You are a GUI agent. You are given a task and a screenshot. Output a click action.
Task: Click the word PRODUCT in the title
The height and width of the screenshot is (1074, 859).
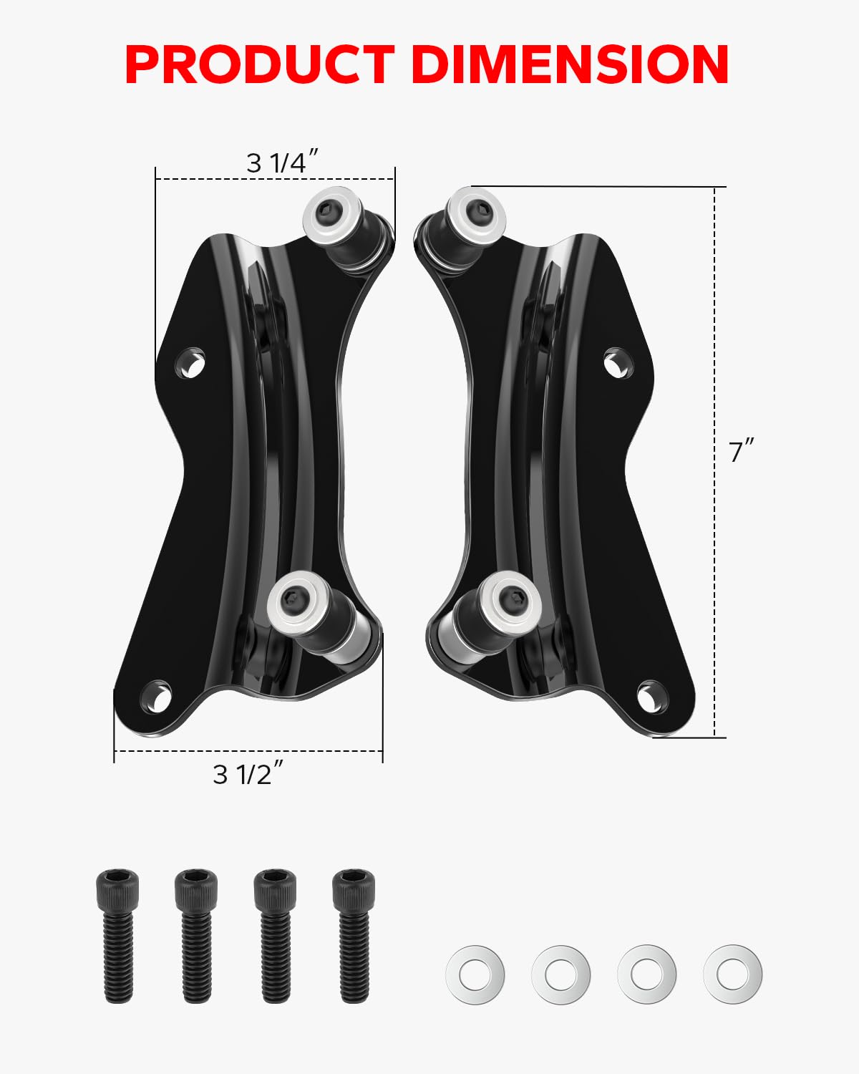pos(260,64)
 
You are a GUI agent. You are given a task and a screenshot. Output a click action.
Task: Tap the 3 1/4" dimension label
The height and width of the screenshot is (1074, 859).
pos(281,163)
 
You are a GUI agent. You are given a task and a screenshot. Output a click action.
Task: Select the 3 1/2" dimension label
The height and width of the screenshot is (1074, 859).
pos(248,774)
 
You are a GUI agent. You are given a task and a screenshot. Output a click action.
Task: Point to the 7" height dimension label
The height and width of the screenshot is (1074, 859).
pos(742,452)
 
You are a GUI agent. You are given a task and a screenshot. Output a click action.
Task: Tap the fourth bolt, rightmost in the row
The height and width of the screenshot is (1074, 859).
pos(354,934)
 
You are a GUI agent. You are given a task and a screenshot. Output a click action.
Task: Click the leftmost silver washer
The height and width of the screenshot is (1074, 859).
pos(475,974)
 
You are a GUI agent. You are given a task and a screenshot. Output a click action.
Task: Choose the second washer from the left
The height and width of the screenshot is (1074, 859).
pos(561,974)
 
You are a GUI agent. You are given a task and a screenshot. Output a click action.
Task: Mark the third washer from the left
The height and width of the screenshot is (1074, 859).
pos(647,974)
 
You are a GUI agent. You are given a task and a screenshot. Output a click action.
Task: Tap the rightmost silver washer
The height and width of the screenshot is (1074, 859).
pos(733,974)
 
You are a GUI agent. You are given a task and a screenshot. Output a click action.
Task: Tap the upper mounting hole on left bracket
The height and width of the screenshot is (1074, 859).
pos(191,362)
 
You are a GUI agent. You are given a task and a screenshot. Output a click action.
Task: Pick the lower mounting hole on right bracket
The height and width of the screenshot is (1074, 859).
pos(651,696)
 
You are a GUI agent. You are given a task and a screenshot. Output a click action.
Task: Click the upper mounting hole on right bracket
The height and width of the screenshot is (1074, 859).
pos(618,364)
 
